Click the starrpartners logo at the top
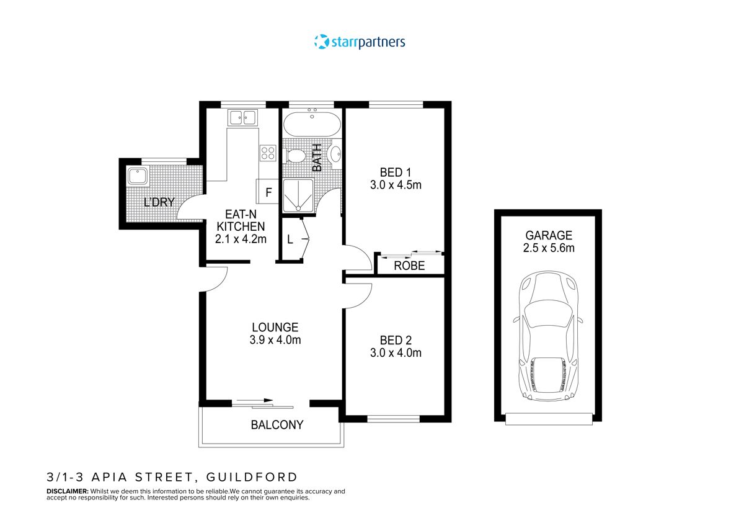(x=360, y=42)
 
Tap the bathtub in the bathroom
(x=312, y=124)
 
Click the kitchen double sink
(x=242, y=117)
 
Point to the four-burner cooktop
(x=268, y=153)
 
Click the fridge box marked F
(x=268, y=192)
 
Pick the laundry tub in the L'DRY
(x=137, y=176)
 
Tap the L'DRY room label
(x=159, y=202)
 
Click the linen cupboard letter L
(x=290, y=239)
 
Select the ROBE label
(x=410, y=266)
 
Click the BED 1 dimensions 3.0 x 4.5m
(x=396, y=185)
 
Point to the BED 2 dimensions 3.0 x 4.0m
(x=396, y=353)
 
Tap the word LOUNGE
(x=275, y=327)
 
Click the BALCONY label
(x=277, y=425)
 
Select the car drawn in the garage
(x=548, y=335)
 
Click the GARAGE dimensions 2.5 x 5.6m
(x=549, y=248)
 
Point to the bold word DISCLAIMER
(x=67, y=491)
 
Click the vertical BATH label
(x=317, y=158)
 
